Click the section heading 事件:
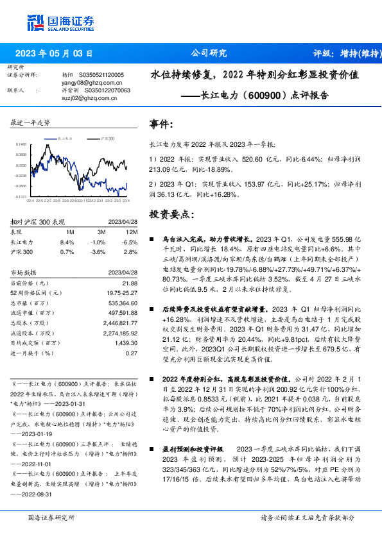161,123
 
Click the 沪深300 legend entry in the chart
106,137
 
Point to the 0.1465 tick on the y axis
21,145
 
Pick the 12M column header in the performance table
132,232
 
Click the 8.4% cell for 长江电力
67,242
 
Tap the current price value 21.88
130,283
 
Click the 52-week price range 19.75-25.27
122,292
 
